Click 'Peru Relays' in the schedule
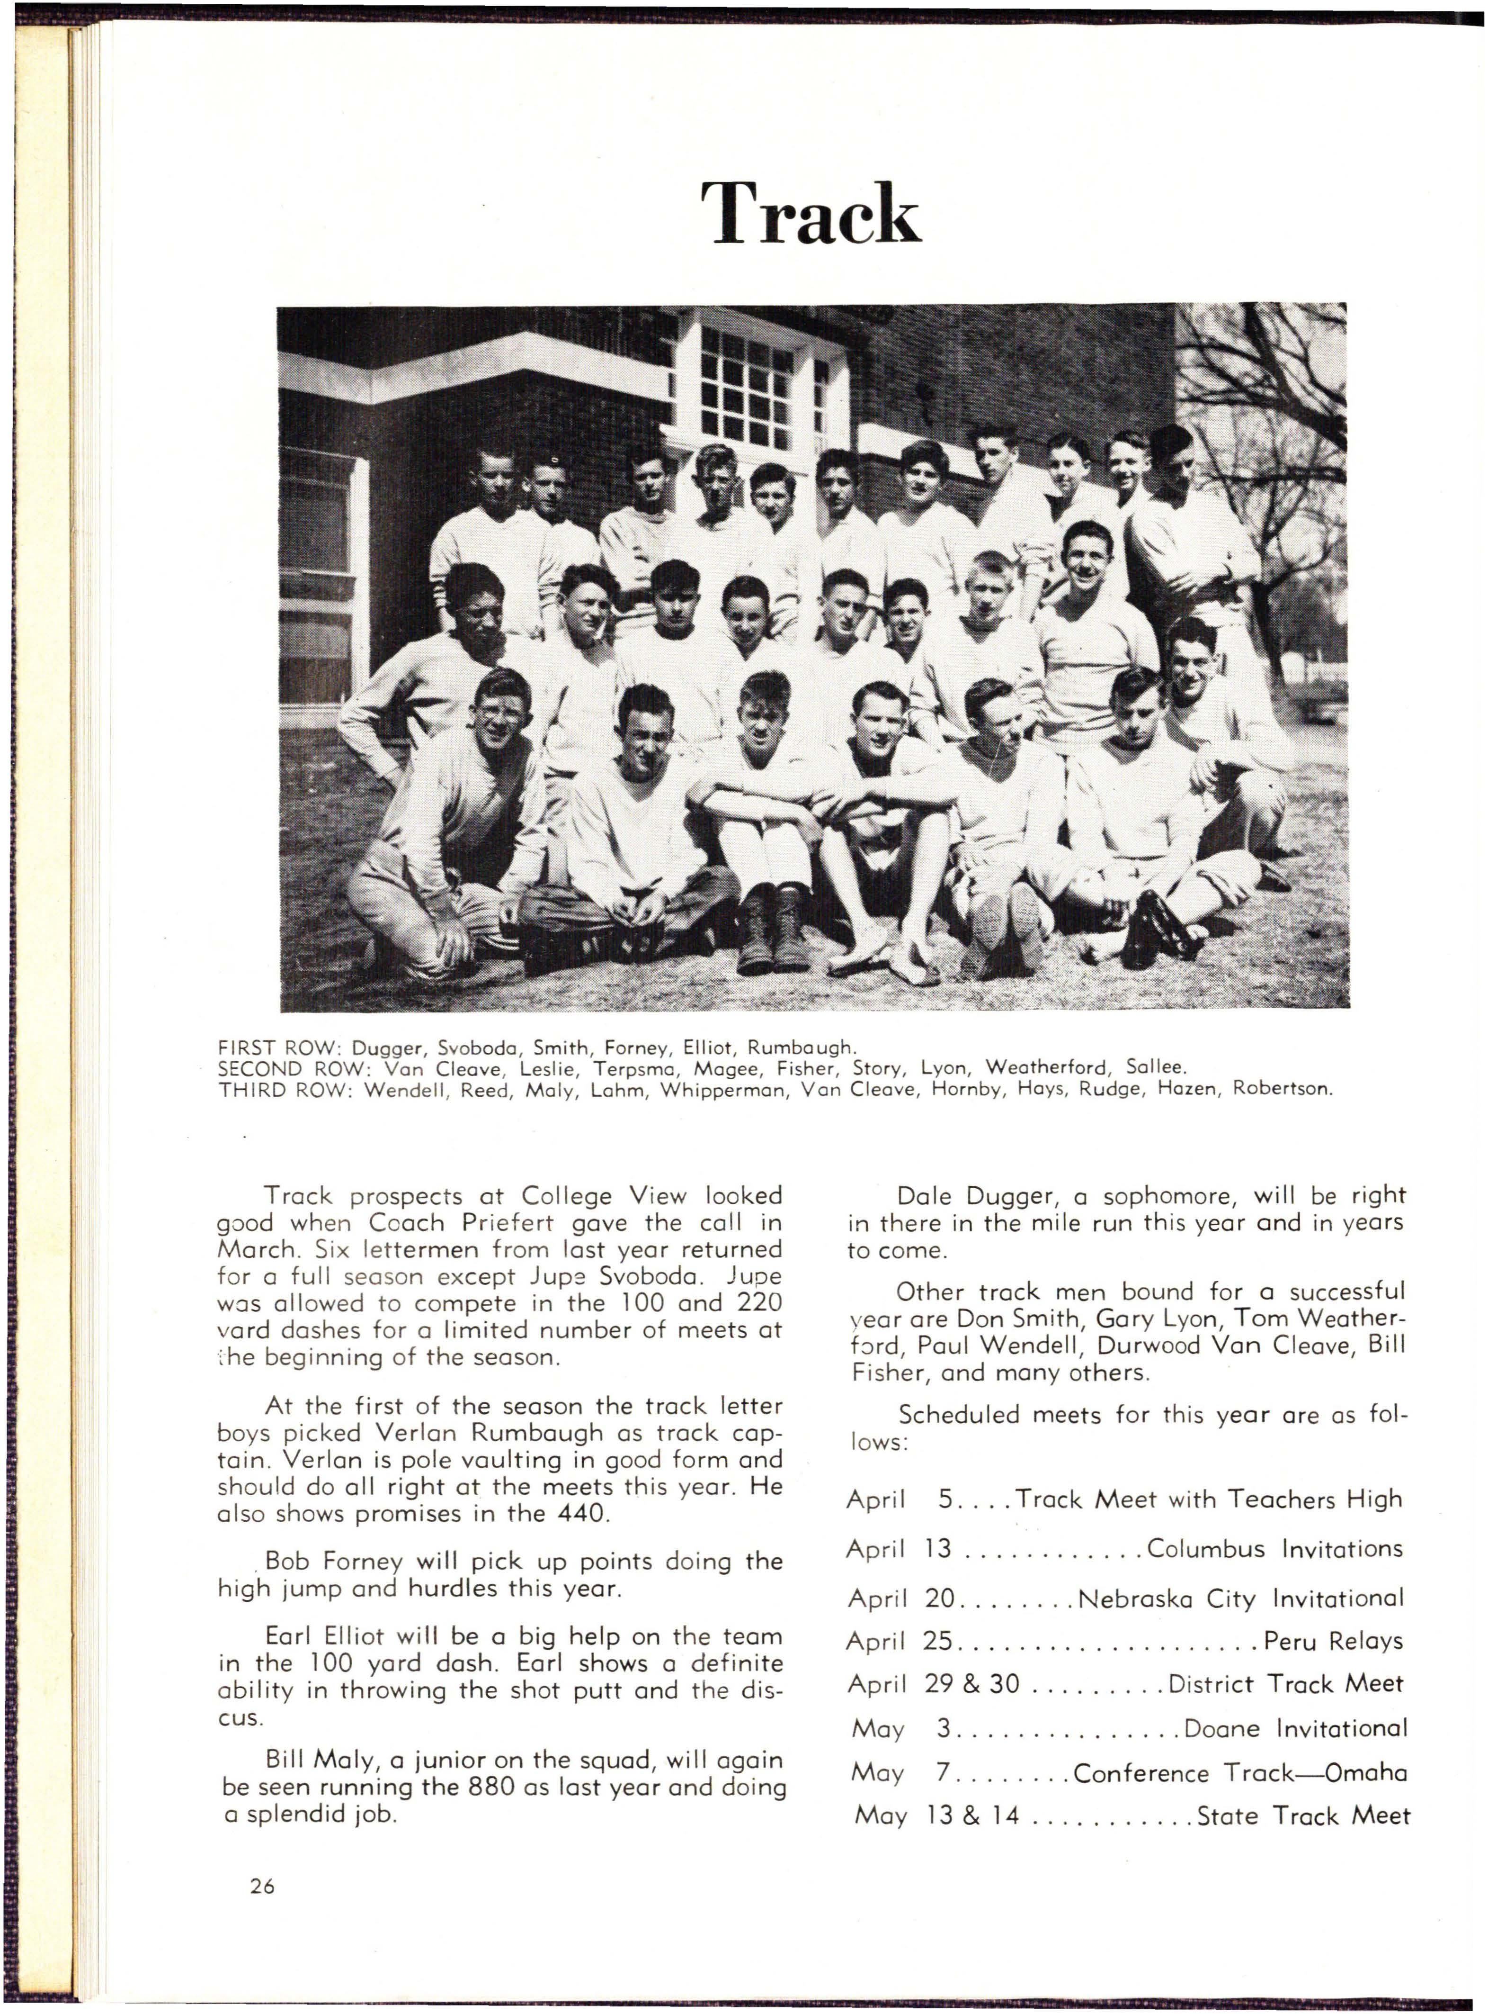point(1333,1641)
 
